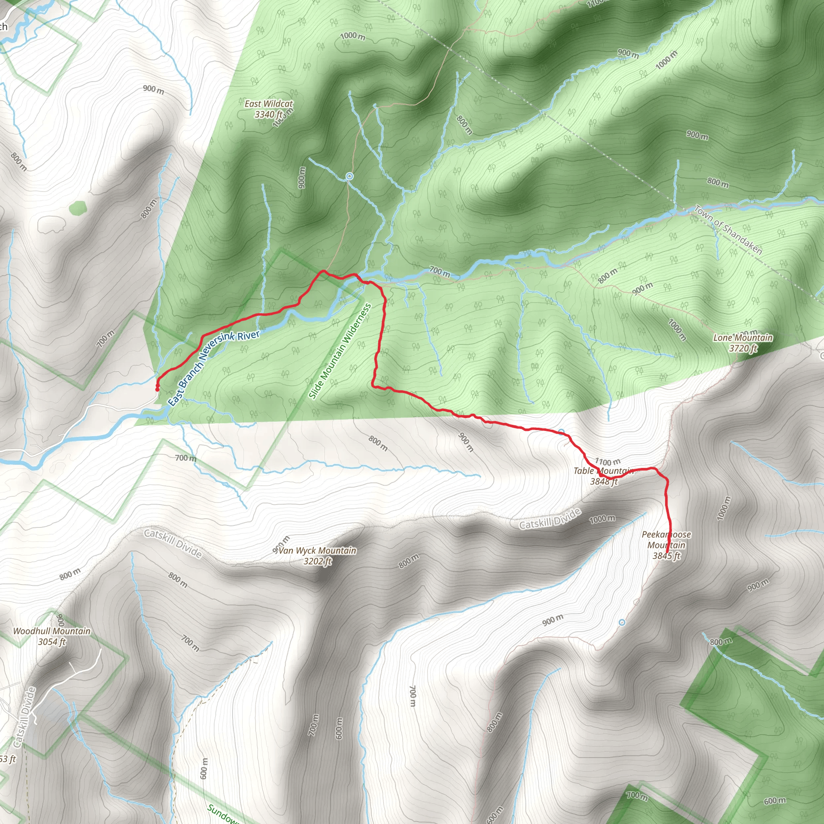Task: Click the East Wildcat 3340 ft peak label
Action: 269,109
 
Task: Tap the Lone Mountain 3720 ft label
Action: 743,343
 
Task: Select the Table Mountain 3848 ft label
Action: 604,476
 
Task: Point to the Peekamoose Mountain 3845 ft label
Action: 666,545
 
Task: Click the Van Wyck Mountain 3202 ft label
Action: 317,556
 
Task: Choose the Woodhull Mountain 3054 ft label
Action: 51,637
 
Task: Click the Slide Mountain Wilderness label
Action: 340,351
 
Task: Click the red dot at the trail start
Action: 157,389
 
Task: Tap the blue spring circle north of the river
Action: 349,176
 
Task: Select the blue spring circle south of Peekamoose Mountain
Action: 622,623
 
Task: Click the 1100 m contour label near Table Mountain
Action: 608,461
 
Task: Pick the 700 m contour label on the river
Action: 439,271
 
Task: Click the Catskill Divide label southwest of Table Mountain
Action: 550,518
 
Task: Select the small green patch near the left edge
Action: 78,208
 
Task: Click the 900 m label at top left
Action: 154,89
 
